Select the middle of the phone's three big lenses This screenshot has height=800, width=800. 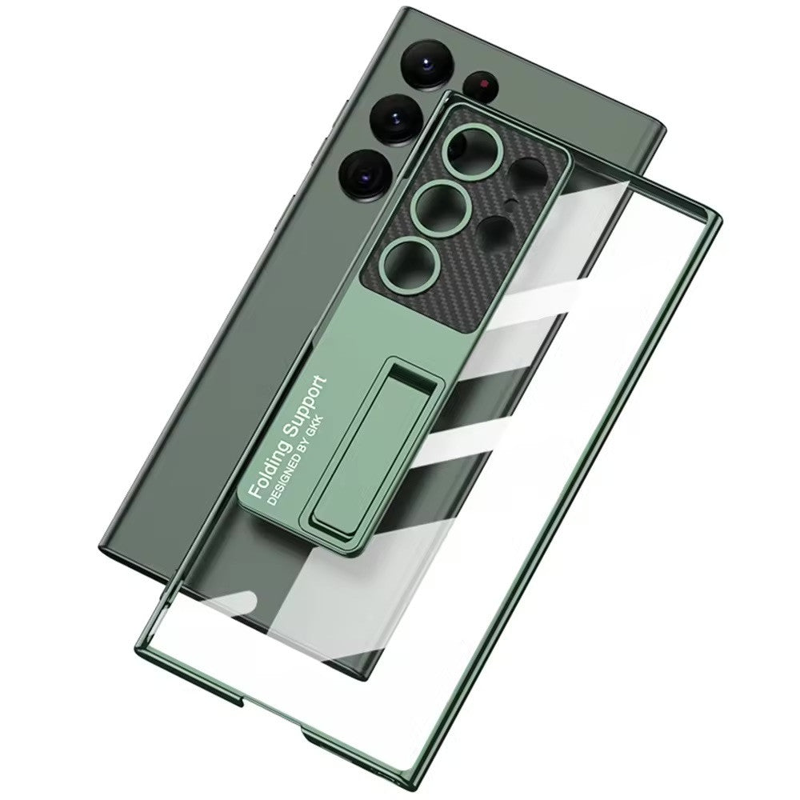396,120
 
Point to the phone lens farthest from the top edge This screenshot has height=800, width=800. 366,175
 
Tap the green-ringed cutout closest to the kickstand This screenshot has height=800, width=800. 410,264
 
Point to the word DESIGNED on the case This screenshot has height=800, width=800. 286,470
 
